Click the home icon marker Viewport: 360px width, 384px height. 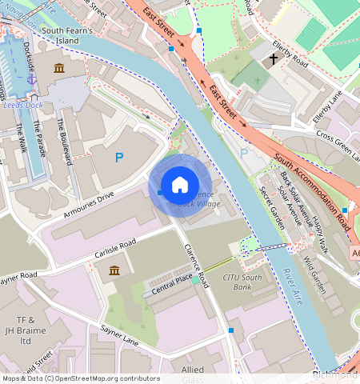(180, 186)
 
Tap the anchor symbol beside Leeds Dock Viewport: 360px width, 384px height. (32, 78)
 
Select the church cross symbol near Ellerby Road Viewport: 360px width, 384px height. (273, 58)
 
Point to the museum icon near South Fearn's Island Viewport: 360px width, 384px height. (58, 69)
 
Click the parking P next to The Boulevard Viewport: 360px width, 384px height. (119, 158)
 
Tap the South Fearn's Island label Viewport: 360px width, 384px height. (73, 34)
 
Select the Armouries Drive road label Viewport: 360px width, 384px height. (89, 205)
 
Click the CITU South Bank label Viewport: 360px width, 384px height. (242, 282)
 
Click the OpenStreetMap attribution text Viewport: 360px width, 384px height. (80, 378)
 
